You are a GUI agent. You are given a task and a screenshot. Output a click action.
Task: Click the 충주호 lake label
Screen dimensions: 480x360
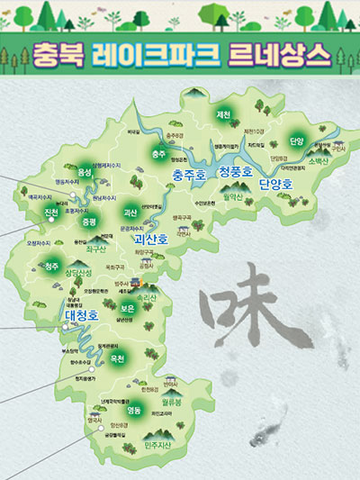coord(193,175)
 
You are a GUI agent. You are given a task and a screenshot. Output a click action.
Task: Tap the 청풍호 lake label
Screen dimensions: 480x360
coord(238,175)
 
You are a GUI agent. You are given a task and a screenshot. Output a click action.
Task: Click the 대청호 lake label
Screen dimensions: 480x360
coord(82,315)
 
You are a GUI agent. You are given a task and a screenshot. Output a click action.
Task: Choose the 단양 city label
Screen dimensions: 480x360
coord(297,141)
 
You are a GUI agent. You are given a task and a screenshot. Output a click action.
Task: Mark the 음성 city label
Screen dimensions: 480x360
coord(85,171)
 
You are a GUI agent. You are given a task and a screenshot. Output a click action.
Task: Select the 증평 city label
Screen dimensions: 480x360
coord(88,220)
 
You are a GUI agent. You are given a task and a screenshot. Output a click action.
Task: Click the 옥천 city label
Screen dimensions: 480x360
coord(116,358)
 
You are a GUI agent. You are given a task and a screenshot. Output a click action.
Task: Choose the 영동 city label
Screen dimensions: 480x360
coord(135,409)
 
